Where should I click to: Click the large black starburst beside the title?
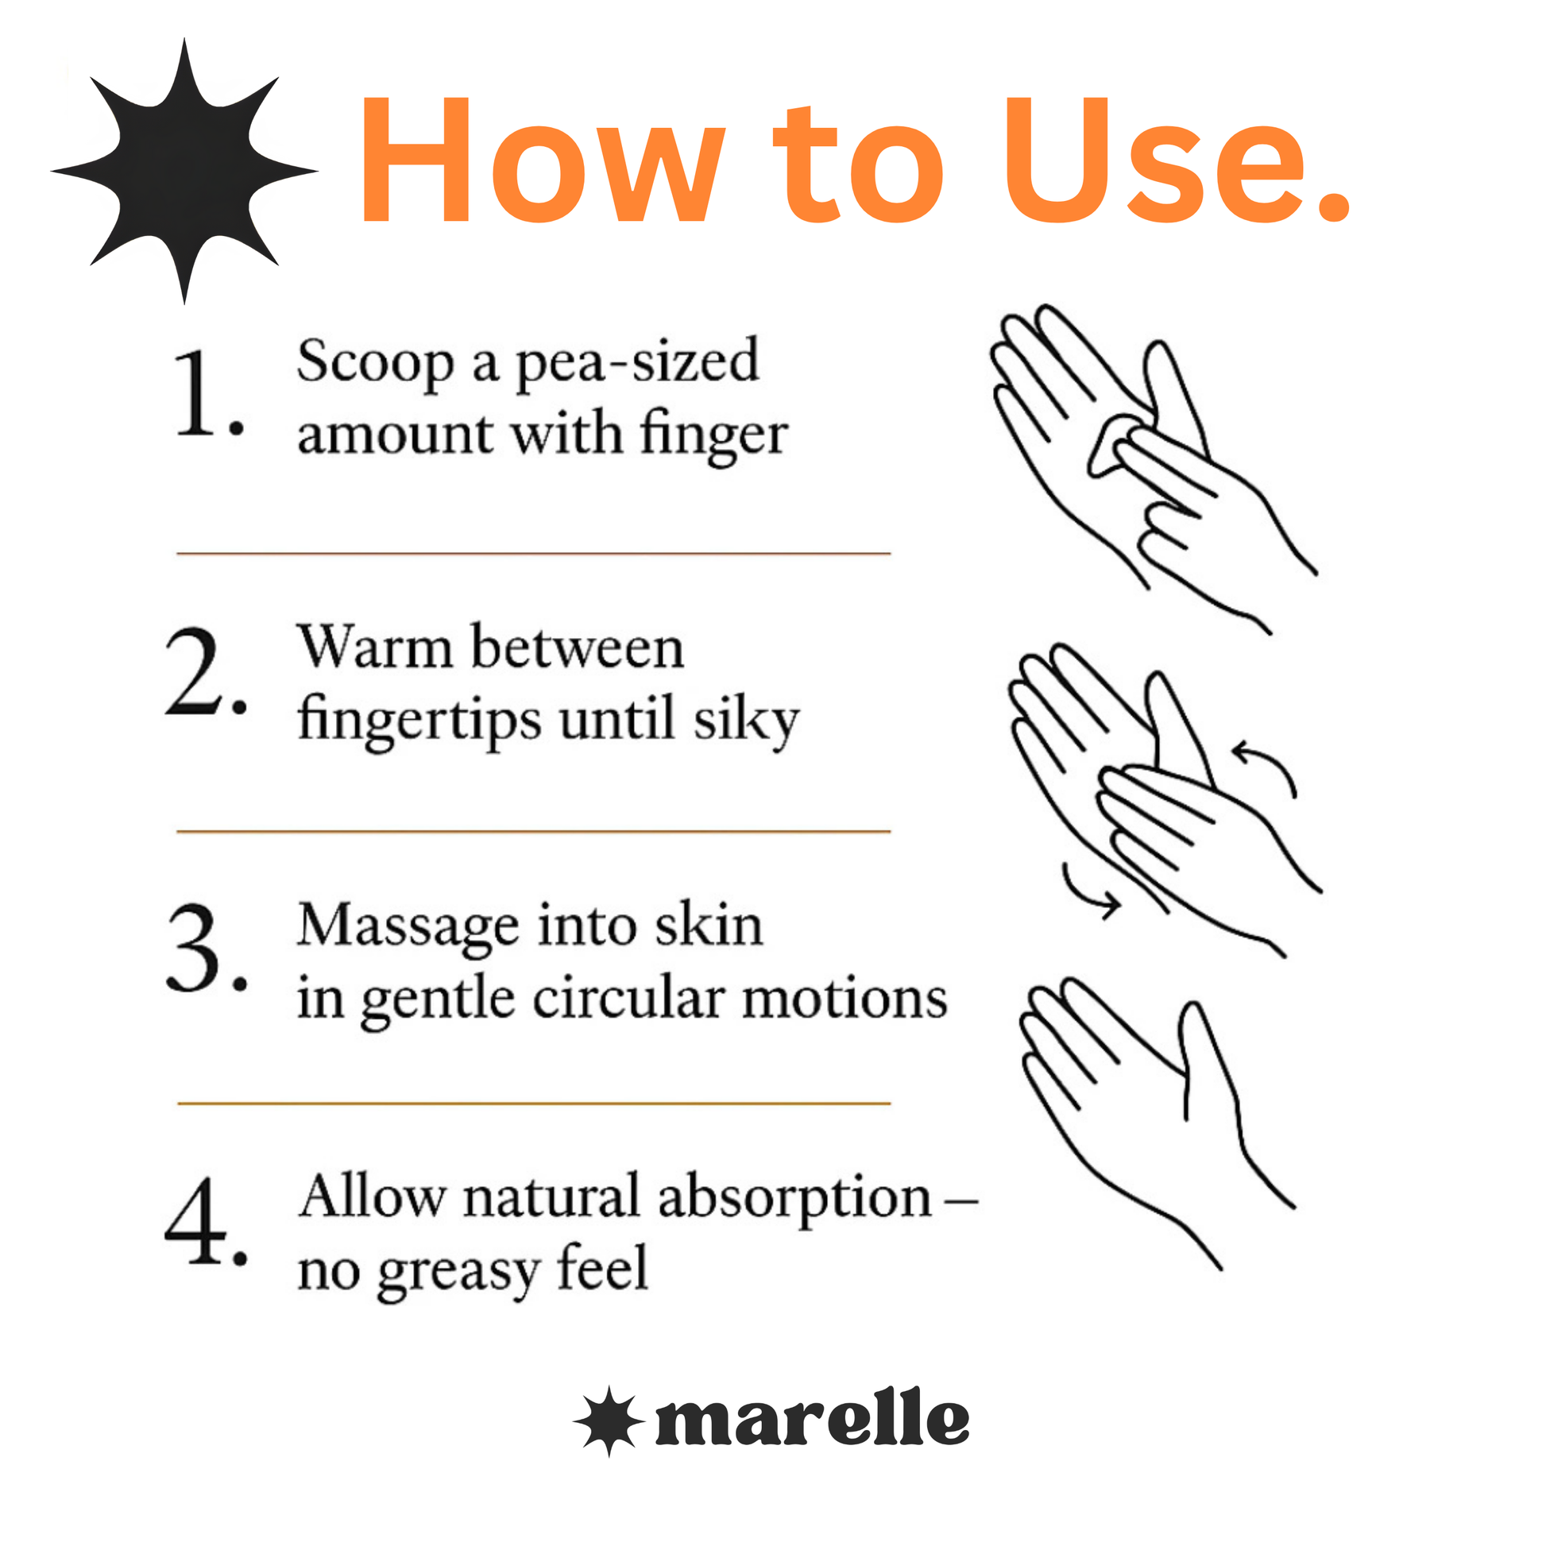pos(184,172)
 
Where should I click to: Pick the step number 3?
pos(207,948)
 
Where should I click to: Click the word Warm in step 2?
pos(375,647)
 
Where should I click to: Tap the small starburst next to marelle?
pos(609,1420)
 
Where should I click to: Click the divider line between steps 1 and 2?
pos(534,553)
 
